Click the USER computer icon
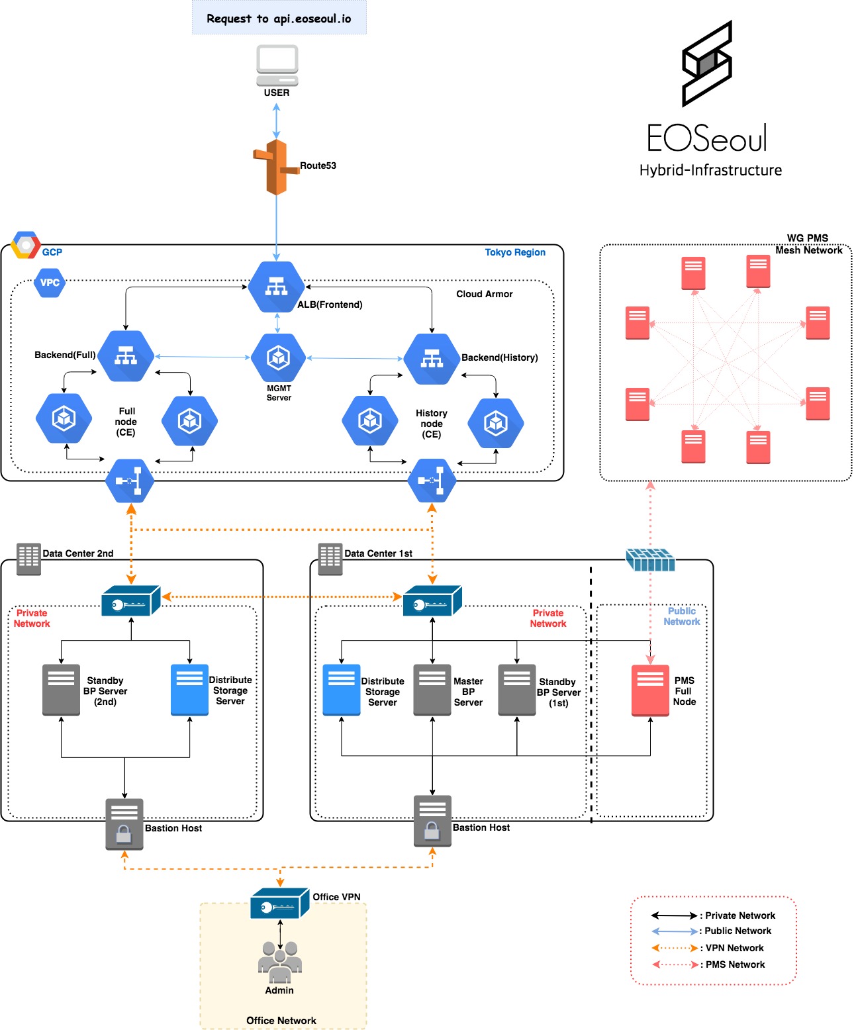[x=277, y=65]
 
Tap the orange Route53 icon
[x=277, y=167]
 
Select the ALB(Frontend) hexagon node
[x=277, y=287]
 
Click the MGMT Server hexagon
[x=278, y=358]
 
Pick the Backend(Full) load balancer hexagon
[x=126, y=356]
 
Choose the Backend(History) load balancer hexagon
[x=432, y=359]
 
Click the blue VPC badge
[x=50, y=283]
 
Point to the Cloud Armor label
[x=484, y=294]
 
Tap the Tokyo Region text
[x=515, y=252]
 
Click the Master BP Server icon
[x=432, y=690]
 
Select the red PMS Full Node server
[x=650, y=690]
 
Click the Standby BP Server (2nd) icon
[x=61, y=690]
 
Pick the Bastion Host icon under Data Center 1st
[x=432, y=821]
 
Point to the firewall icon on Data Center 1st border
[x=650, y=560]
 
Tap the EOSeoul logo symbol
[x=707, y=64]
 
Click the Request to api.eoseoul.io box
[x=279, y=18]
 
